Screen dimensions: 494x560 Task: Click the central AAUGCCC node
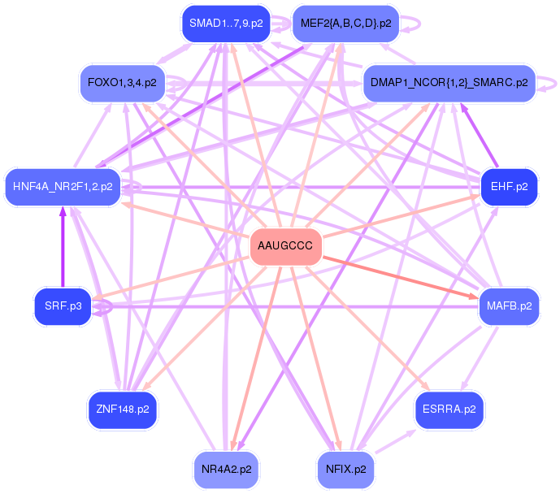[x=285, y=246]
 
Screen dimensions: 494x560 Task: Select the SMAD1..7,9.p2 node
[x=225, y=24]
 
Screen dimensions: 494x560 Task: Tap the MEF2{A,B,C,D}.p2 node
[x=345, y=24]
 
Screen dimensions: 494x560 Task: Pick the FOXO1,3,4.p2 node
[x=122, y=83]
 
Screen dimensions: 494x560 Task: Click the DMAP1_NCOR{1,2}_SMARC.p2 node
[x=449, y=83]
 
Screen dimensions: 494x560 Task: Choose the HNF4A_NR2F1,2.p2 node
[x=63, y=187]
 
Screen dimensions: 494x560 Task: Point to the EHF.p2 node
[x=509, y=187]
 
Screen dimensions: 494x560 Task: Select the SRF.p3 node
[x=63, y=306]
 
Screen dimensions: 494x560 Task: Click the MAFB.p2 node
[x=509, y=306]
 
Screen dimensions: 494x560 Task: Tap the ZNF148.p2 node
[x=122, y=409]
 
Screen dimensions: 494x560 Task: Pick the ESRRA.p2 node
[x=449, y=409]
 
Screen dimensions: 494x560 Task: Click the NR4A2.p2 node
[x=225, y=469]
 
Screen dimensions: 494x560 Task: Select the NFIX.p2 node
[x=345, y=469]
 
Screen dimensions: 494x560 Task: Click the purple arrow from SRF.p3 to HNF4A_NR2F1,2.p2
[x=63, y=248]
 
